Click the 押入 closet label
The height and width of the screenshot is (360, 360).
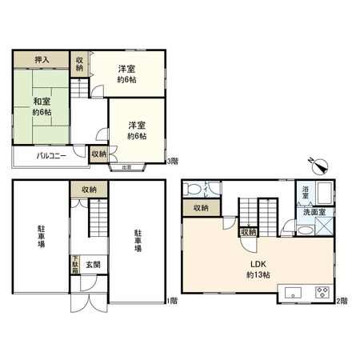[40, 60]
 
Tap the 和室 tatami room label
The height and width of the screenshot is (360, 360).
[42, 106]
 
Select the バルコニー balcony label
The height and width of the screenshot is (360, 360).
[39, 156]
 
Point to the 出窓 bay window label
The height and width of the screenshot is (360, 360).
[126, 167]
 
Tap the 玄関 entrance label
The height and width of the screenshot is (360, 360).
[93, 265]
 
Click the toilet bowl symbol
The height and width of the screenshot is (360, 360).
[193, 190]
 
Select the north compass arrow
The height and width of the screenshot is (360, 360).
[319, 167]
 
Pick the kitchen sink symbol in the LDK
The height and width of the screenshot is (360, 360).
[291, 290]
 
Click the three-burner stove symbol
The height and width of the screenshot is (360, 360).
[323, 290]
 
